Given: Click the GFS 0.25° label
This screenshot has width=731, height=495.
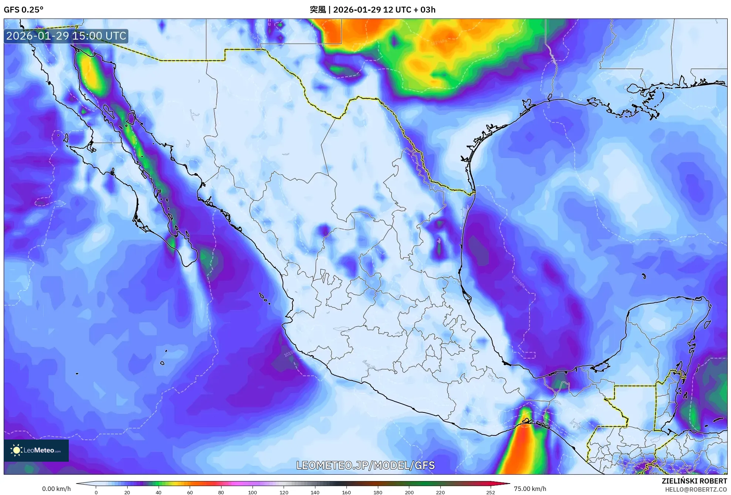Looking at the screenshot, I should [23, 10].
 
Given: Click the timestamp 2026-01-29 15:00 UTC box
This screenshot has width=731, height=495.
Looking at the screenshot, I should [66, 36].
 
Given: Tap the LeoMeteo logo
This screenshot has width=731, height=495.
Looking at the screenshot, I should [36, 450].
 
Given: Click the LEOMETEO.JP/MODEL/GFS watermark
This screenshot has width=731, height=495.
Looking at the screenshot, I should [365, 465].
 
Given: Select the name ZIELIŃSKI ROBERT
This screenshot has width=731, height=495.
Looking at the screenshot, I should [694, 481].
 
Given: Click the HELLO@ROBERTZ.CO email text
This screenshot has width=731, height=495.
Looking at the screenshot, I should [696, 489].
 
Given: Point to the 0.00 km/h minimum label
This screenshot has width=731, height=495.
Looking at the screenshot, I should [56, 489].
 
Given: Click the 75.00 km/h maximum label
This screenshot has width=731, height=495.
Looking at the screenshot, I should [530, 489].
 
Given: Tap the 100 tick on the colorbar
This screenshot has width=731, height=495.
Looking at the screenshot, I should [253, 492].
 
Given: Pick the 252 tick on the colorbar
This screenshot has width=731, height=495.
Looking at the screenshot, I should [490, 492].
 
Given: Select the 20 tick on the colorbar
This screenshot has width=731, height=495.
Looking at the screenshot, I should [127, 492].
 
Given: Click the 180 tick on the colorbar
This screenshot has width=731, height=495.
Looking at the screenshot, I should [378, 492].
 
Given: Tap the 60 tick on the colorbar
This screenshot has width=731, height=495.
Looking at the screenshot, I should [190, 492].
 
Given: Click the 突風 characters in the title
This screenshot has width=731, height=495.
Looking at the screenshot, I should [318, 10].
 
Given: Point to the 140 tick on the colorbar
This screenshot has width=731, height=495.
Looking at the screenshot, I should [315, 492].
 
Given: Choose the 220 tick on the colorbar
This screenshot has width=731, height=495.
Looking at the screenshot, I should [440, 492].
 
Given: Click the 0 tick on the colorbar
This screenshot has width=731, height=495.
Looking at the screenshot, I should [96, 492].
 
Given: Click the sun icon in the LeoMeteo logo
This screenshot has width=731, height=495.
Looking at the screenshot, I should [16, 450].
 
